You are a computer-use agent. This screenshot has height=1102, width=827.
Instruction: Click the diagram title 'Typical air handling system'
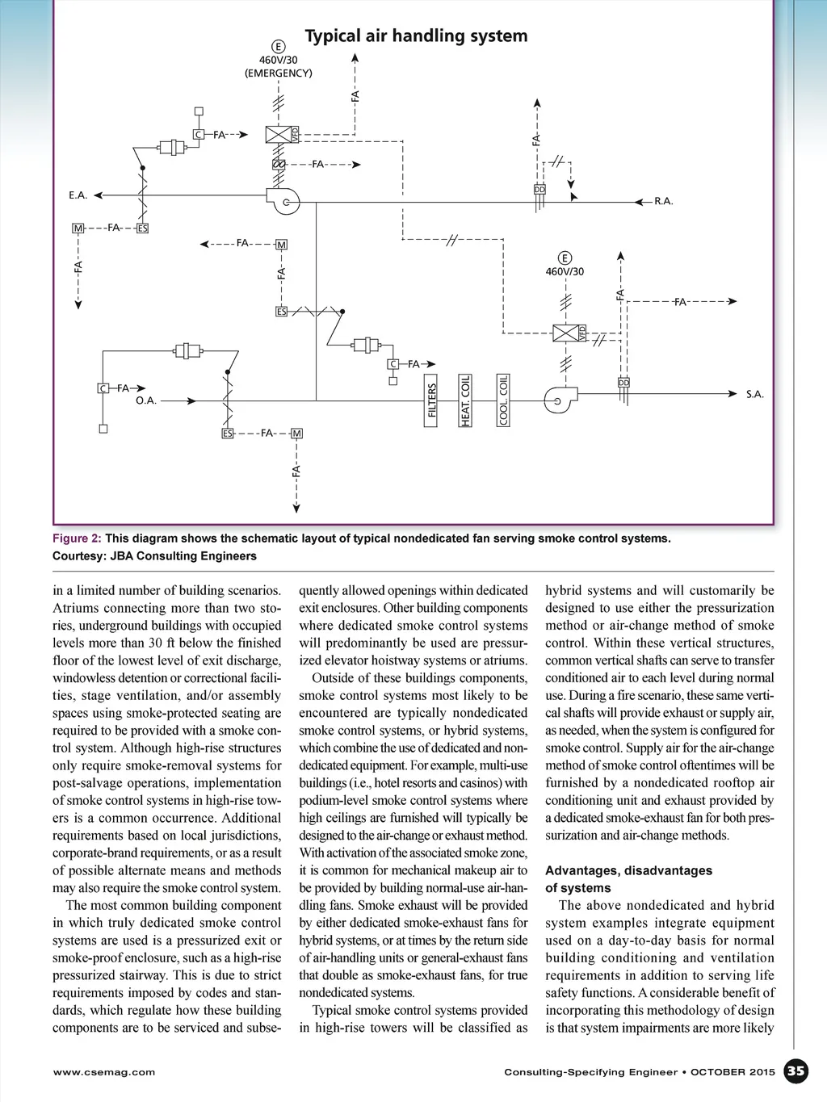pyautogui.click(x=416, y=36)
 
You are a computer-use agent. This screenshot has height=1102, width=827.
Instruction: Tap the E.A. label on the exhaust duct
pyautogui.click(x=78, y=195)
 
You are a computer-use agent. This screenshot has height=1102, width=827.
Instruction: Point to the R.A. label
pyautogui.click(x=663, y=201)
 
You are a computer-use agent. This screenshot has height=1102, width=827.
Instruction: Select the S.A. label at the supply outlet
pyautogui.click(x=754, y=394)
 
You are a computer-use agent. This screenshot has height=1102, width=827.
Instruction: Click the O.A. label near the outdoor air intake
pyautogui.click(x=145, y=400)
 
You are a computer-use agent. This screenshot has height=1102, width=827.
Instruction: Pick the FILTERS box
pyautogui.click(x=431, y=400)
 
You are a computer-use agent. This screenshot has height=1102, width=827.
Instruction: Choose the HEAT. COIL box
pyautogui.click(x=465, y=400)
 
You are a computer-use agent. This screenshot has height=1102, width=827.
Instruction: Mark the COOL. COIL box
pyautogui.click(x=503, y=400)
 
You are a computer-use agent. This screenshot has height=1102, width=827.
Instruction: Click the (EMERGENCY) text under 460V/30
pyautogui.click(x=279, y=73)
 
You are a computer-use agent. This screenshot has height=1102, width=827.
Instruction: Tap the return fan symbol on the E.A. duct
pyautogui.click(x=284, y=200)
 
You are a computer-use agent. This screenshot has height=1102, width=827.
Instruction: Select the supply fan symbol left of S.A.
pyautogui.click(x=560, y=399)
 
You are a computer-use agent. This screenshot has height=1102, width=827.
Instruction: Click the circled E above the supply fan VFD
pyautogui.click(x=565, y=258)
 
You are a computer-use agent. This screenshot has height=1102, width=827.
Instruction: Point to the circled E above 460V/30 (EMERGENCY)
pyautogui.click(x=279, y=46)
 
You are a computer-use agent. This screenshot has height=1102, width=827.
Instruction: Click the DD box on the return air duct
pyautogui.click(x=539, y=190)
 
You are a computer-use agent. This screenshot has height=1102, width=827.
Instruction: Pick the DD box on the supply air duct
pyautogui.click(x=623, y=383)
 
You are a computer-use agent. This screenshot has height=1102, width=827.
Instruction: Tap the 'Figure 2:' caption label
pyautogui.click(x=77, y=538)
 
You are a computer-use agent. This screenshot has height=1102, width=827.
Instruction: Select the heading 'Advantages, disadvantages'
pyautogui.click(x=628, y=870)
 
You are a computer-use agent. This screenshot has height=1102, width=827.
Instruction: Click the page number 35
pyautogui.click(x=796, y=1071)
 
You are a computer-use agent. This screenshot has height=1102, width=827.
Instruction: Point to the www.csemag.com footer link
pyautogui.click(x=103, y=1072)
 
